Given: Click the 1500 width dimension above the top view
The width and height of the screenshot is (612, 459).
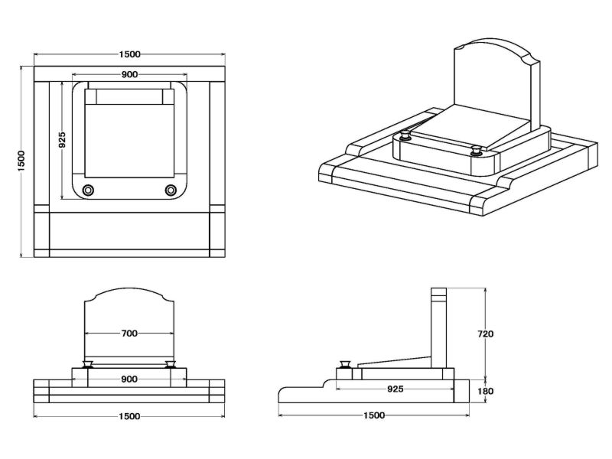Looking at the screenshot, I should click(x=129, y=54).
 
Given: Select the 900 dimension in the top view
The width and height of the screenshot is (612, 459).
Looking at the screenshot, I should click(x=129, y=74).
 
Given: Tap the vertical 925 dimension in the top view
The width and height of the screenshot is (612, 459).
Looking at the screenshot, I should click(x=63, y=139).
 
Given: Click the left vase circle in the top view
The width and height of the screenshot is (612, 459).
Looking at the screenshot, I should click(x=88, y=190).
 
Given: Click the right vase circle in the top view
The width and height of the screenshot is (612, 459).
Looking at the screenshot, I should click(x=170, y=190).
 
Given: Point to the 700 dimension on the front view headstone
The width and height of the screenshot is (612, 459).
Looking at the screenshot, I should click(x=129, y=333).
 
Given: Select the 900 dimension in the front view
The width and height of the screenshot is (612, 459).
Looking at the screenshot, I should click(x=129, y=379).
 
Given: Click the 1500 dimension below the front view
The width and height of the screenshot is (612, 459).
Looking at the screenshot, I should click(x=129, y=415).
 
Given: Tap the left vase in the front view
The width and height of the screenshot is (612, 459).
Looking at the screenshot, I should click(x=88, y=363).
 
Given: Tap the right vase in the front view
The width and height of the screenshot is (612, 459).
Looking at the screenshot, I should click(x=171, y=363).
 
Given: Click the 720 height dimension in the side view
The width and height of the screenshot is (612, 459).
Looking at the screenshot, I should click(x=485, y=334).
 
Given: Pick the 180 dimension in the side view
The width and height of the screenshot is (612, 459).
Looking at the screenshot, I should click(x=485, y=391).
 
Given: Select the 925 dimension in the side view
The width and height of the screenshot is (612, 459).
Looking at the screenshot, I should click(x=395, y=389).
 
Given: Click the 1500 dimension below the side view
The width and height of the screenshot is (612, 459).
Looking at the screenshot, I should click(x=374, y=415).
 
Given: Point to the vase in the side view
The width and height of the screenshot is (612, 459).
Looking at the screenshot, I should click(x=345, y=363).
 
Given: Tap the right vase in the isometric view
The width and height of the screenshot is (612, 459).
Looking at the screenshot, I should click(x=477, y=150).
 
